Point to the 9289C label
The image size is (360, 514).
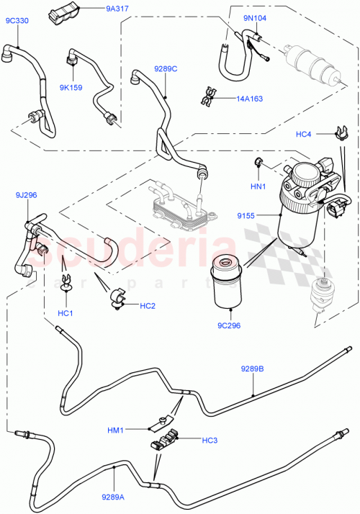pyautogui.click(x=165, y=69)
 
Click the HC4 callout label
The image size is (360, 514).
pyautogui.click(x=303, y=135)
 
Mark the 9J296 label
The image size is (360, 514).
pyautogui.click(x=27, y=195)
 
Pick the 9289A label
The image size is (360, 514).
pyautogui.click(x=112, y=495)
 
